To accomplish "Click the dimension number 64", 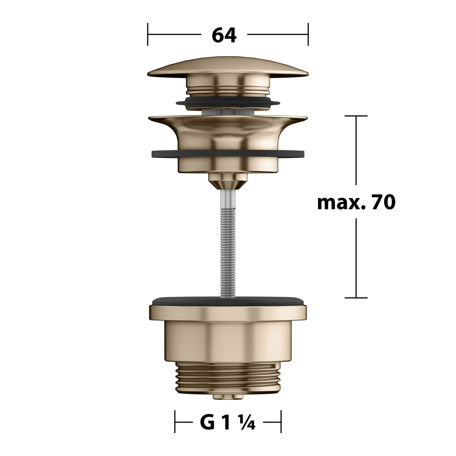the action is (x=224, y=35).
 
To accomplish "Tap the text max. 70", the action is (x=356, y=202).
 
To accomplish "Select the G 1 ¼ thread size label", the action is (x=228, y=423).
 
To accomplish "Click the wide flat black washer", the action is (x=228, y=154).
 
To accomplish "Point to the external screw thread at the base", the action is (x=228, y=378).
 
